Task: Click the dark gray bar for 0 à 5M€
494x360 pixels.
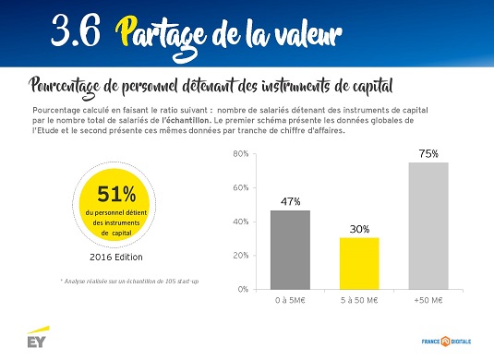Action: coord(290,250)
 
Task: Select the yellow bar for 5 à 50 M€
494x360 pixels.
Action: coord(359,264)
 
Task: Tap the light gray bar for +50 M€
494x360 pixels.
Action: coord(428,226)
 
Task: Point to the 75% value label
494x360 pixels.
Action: coord(428,154)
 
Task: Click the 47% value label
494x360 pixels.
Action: coord(290,201)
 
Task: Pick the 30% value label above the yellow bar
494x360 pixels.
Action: coord(359,229)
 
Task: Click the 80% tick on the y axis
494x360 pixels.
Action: coord(241,154)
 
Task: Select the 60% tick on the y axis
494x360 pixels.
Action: coord(241,188)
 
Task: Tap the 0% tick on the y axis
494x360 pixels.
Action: coord(243,289)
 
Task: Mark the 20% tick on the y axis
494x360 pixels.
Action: coord(241,256)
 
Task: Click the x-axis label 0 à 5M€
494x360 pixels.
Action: coord(290,301)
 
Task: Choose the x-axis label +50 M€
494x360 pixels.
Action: coord(428,301)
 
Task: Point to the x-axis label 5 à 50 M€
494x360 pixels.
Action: coord(359,301)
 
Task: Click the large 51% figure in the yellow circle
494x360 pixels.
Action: coord(116,194)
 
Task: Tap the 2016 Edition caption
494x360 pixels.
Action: coord(116,258)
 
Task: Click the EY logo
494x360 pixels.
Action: coord(38,337)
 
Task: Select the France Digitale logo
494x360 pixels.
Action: coord(446,342)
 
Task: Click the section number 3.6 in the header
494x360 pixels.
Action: coord(76,30)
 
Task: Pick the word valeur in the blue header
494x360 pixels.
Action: coord(307,34)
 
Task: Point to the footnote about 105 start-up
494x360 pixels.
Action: coord(129,282)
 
